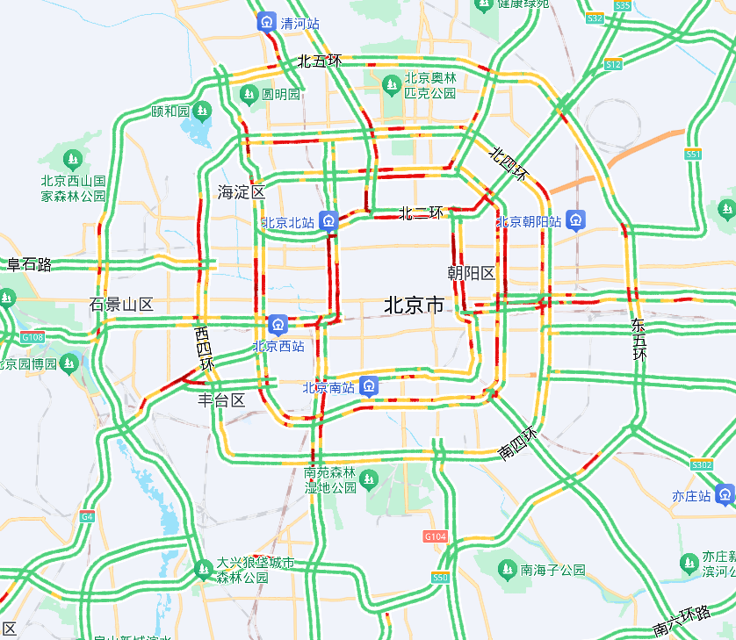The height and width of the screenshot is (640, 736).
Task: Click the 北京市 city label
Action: (414, 306)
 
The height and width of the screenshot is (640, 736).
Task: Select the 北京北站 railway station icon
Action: (328, 220)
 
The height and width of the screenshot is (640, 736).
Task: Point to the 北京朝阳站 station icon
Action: (576, 220)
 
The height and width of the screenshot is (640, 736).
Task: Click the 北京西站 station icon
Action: (278, 325)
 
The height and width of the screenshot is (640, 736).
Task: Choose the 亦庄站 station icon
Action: (725, 494)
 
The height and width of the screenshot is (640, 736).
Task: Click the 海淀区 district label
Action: (242, 191)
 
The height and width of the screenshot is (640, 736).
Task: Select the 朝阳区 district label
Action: (472, 273)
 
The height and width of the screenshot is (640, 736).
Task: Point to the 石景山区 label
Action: (121, 305)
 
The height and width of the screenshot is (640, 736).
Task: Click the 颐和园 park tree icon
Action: (202, 111)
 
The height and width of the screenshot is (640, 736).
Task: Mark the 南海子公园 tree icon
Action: (507, 570)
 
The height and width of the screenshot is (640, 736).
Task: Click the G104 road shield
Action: (436, 536)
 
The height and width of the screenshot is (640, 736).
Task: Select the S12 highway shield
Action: (613, 64)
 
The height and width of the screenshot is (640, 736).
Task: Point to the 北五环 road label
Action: (319, 61)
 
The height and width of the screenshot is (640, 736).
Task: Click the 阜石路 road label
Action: (30, 264)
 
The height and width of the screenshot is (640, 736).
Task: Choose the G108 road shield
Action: (32, 337)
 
